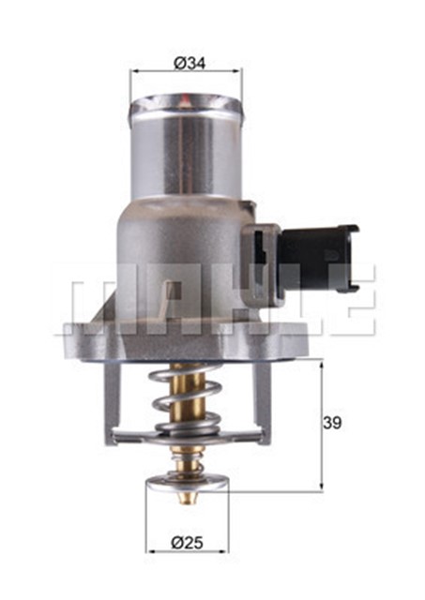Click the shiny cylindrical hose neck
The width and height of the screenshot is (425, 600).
185,150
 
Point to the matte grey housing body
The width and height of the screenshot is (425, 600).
169,262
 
